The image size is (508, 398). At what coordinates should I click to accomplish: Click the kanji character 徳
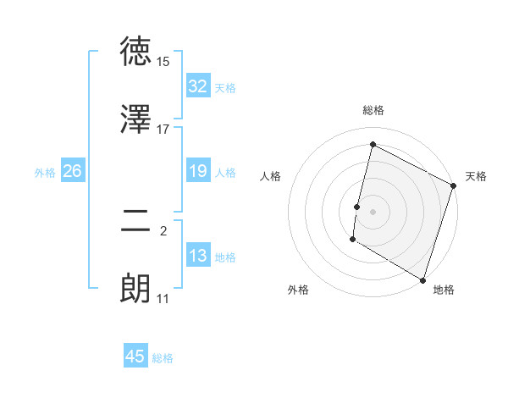[x=135, y=53]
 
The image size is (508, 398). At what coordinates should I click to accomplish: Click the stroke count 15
[x=163, y=63]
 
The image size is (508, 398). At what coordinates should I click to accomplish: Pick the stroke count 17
[x=163, y=129]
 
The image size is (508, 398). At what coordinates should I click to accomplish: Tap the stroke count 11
[x=163, y=299]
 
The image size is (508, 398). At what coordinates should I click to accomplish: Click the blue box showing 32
[x=198, y=86]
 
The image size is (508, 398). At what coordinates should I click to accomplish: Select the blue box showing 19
[x=198, y=171]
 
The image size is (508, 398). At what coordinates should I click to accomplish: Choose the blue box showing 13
[x=198, y=256]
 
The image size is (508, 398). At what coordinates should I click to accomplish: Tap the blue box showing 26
[x=72, y=171]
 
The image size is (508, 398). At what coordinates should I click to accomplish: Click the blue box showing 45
[x=135, y=357]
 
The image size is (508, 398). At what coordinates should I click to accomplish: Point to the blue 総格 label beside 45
[x=163, y=358]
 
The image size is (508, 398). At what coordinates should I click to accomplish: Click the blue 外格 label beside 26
[x=45, y=173]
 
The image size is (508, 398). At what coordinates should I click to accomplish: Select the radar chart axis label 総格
[x=373, y=110]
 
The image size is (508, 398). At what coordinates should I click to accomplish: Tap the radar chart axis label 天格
[x=476, y=176]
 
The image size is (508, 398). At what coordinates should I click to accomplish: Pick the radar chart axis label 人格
[x=271, y=176]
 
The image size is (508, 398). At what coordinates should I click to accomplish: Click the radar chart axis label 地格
[x=444, y=290]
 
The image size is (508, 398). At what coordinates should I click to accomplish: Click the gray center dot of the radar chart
[x=373, y=210]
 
